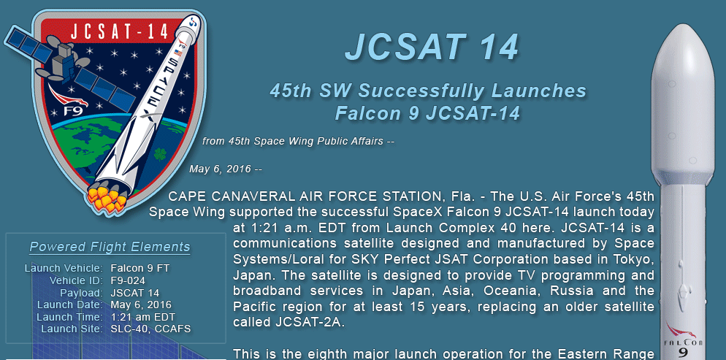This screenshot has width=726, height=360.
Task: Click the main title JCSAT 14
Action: coord(432,47)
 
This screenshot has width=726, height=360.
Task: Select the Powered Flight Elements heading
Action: coord(110,247)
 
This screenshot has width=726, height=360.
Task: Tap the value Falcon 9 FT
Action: coord(140,269)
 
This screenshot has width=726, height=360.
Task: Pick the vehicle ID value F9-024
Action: coord(128,280)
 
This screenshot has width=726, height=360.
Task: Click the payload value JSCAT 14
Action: coord(134,293)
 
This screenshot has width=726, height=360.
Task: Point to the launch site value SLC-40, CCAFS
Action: coord(150,329)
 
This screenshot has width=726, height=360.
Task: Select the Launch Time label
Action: coord(69,317)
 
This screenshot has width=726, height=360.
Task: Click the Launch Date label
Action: coord(70,305)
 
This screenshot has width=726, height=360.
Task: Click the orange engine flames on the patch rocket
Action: coord(107,199)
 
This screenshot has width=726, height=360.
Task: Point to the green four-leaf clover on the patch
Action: coord(160,153)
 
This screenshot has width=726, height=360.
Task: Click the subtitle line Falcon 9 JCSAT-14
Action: coord(427,113)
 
